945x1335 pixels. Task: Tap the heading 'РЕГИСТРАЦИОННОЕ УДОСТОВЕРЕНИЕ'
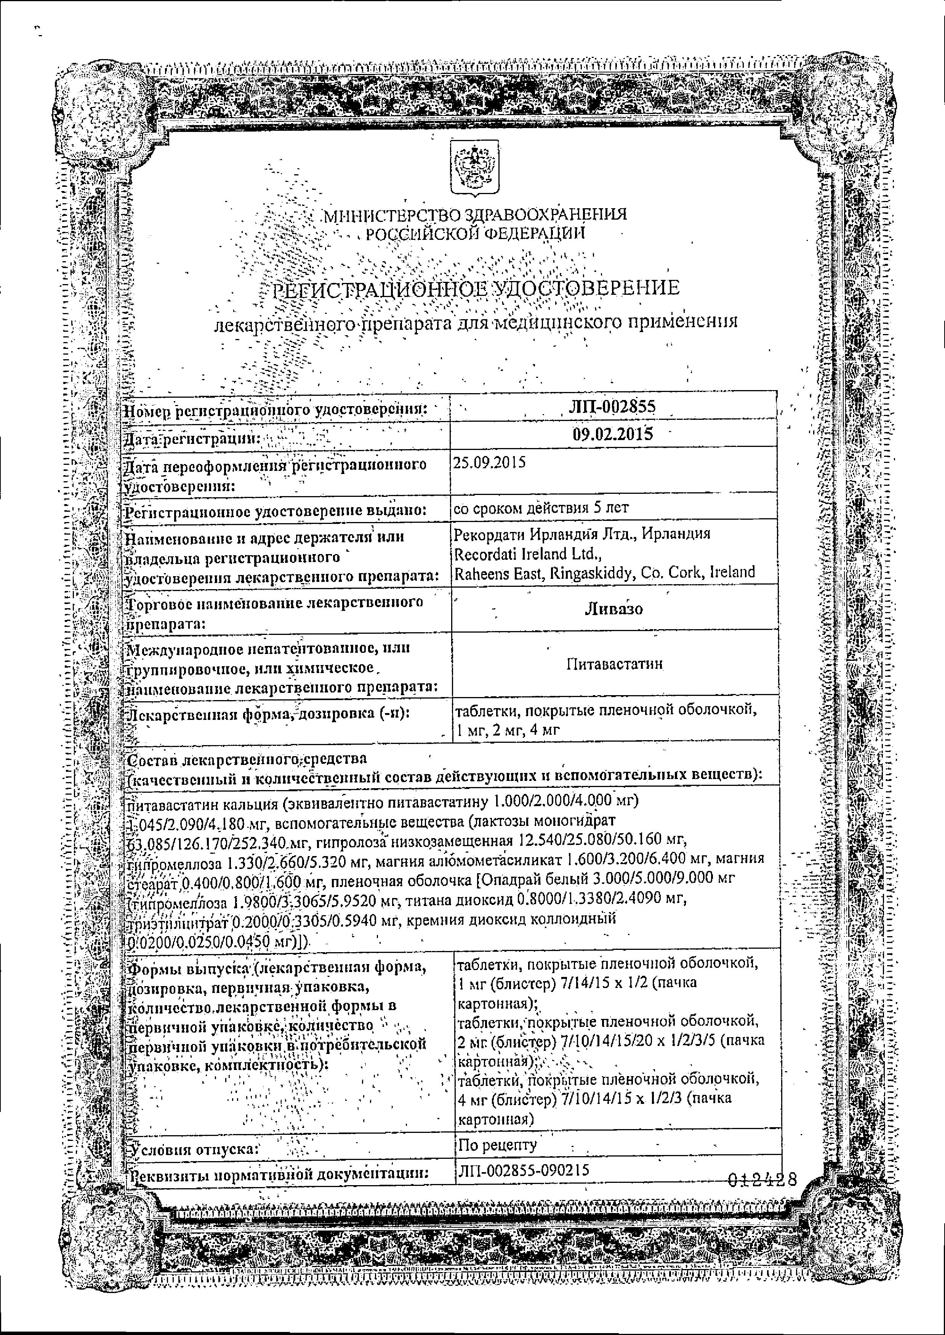point(476,289)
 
